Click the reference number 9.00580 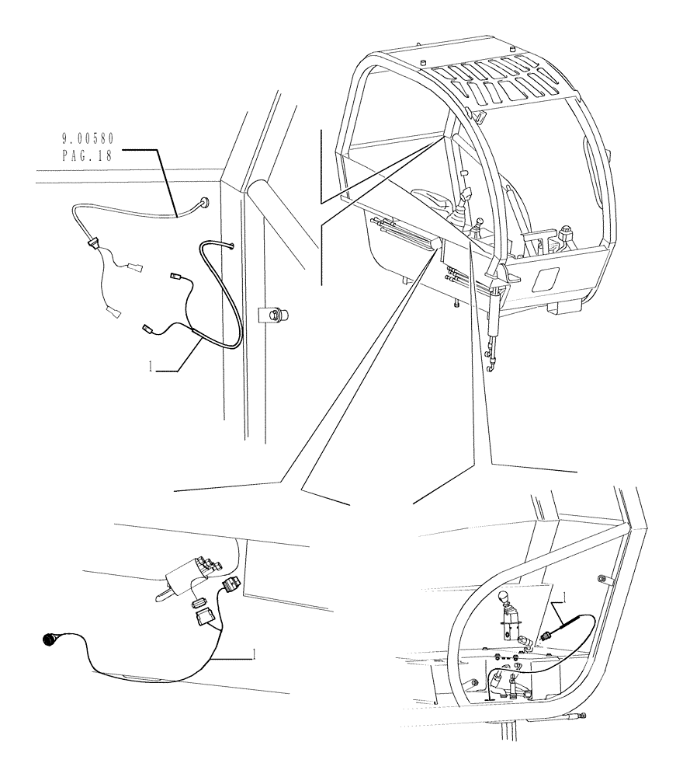point(88,139)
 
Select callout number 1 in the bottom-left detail point(253,655)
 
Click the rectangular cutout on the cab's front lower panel point(545,280)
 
